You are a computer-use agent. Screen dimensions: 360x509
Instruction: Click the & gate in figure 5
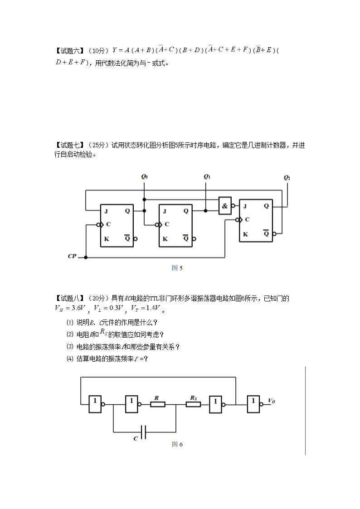coord(225,205)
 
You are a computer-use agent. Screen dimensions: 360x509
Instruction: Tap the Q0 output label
coord(145,177)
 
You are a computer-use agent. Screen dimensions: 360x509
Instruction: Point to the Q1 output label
coord(207,177)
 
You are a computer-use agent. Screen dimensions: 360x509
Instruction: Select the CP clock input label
coord(72,256)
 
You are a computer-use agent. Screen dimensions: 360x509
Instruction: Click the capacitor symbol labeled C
coord(143,432)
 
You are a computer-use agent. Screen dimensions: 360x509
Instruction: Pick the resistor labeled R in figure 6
coord(158,404)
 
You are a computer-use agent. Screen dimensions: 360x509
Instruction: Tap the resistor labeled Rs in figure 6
coord(193,404)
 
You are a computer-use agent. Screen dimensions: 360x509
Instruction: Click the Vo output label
coord(272,401)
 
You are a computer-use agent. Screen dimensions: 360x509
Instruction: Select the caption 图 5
coord(177,268)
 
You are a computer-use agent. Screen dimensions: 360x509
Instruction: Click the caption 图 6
coord(177,444)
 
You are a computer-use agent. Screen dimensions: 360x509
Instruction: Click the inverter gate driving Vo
coord(253,404)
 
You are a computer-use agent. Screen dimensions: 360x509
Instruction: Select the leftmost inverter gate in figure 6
coord(95,404)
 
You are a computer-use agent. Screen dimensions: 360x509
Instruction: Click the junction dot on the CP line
coord(86,257)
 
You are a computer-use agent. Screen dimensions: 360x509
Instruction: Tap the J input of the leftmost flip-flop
coord(106,211)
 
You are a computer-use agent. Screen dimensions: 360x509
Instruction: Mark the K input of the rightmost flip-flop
coord(245,234)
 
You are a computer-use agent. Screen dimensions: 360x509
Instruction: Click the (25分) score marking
coord(98,145)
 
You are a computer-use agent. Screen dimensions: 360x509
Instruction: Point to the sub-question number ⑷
coord(70,359)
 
